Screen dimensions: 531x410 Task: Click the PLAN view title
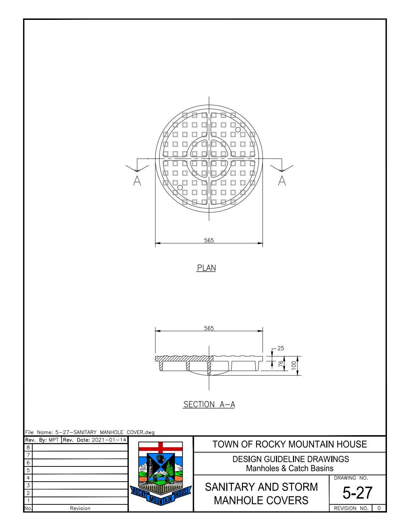[206, 268]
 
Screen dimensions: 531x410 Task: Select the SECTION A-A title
[209, 404]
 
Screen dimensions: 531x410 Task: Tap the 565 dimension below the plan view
[209, 240]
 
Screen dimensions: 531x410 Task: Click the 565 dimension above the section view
[209, 328]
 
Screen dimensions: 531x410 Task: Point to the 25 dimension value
[281, 349]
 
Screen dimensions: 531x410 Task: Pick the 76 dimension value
[281, 364]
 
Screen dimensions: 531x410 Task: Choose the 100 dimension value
[294, 366]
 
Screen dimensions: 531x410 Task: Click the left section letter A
[137, 181]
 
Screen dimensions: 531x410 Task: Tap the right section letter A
[282, 181]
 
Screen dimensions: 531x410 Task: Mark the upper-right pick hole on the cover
[238, 130]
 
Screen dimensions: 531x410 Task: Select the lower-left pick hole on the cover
[180, 187]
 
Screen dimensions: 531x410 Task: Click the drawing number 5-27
[358, 493]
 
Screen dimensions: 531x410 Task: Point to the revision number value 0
[379, 508]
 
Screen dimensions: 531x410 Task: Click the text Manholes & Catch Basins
[290, 468]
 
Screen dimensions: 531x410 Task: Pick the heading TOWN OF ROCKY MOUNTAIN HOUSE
[290, 444]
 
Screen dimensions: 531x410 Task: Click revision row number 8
[28, 447]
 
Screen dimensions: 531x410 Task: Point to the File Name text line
[90, 432]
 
